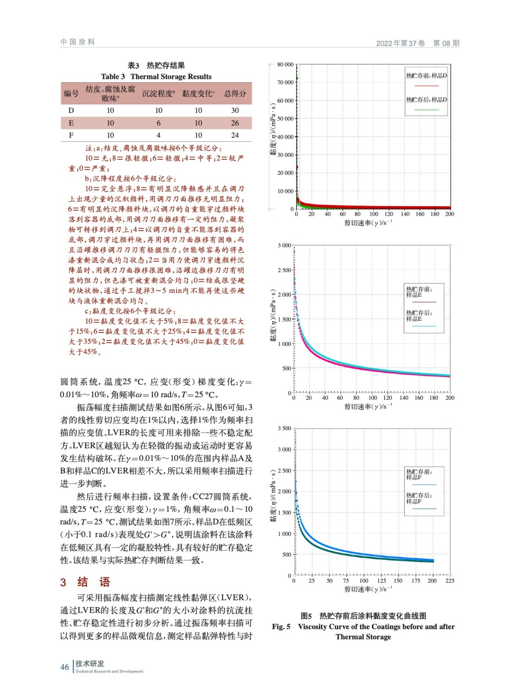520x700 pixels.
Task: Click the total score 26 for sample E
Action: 235,123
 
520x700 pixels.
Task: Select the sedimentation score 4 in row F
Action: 159,136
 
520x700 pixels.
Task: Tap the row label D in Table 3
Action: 71,111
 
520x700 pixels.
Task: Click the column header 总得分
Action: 235,94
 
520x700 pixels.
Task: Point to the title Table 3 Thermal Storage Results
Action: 156,77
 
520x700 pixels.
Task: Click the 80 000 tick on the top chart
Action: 285,65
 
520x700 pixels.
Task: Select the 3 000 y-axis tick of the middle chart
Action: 284,245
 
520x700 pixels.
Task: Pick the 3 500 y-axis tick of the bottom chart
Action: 284,428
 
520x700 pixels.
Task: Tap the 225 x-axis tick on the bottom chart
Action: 449,581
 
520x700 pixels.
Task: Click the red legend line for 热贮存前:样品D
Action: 426,86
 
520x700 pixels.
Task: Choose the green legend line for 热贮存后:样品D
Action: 426,110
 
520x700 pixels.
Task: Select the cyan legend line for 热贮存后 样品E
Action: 424,326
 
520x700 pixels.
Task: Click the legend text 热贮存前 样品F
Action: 419,474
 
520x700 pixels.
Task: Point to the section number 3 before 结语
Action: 63,582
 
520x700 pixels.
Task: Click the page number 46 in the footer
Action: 64,667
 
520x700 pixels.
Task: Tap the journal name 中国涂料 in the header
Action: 78,42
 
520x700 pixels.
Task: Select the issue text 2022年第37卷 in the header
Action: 400,43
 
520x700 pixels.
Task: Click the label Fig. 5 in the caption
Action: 281,626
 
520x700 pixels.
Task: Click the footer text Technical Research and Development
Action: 109,671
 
